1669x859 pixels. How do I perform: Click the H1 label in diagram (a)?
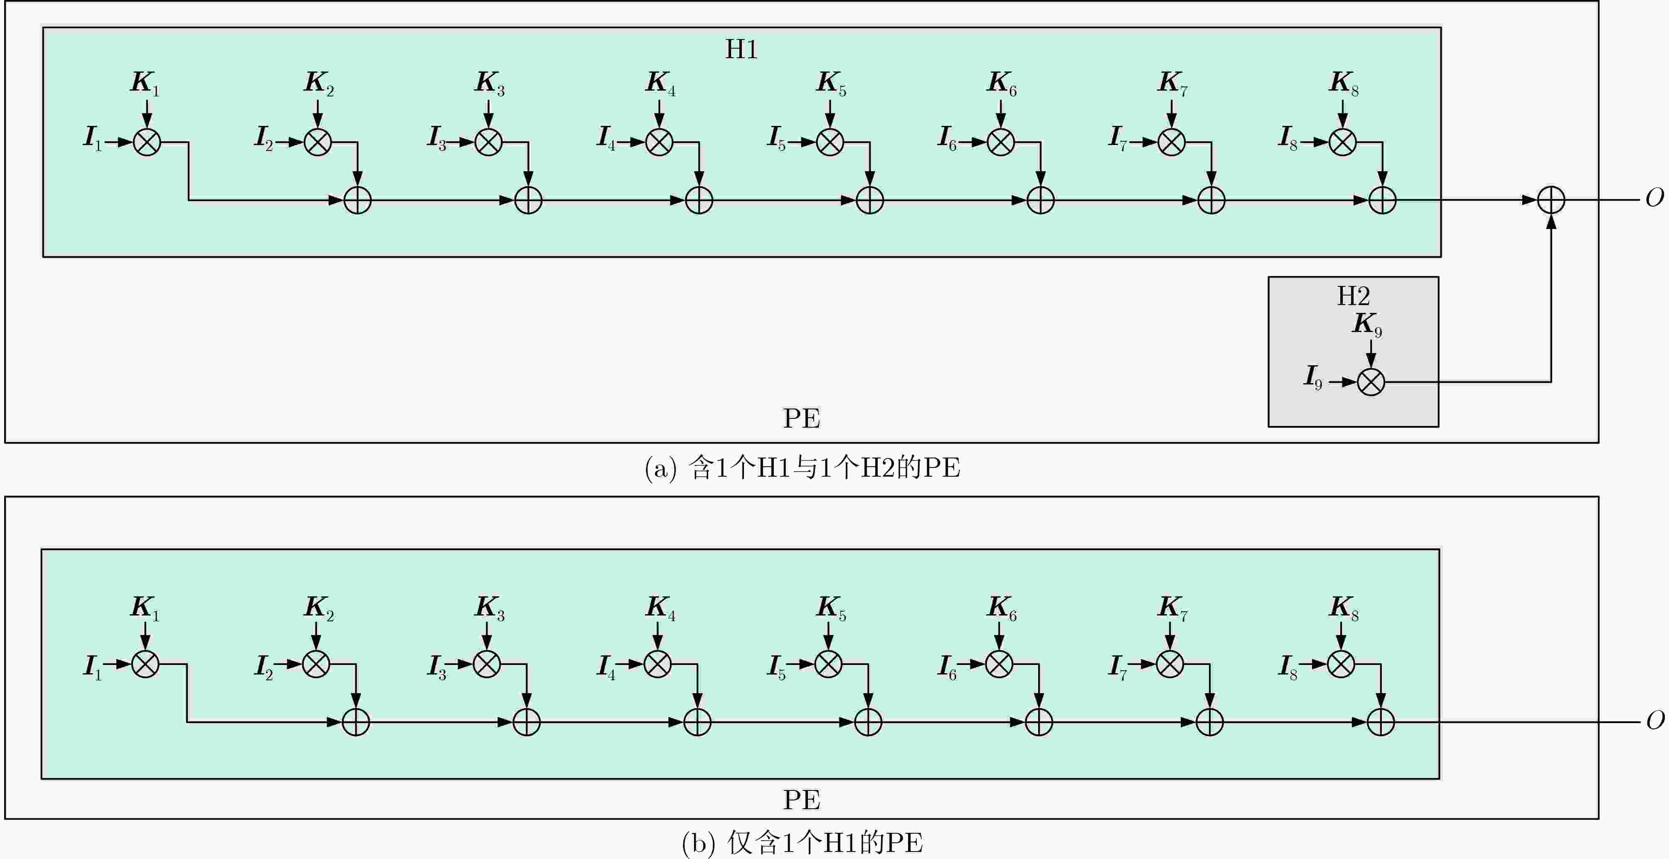tap(741, 49)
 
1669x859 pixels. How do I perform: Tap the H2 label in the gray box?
tap(1354, 296)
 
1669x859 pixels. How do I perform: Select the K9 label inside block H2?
tap(1367, 324)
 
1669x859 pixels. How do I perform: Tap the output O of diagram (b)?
tap(1655, 720)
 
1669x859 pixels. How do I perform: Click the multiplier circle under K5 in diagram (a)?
tap(830, 142)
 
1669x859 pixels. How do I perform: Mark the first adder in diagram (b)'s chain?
tap(356, 722)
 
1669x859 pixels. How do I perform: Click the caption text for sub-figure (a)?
tap(802, 468)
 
